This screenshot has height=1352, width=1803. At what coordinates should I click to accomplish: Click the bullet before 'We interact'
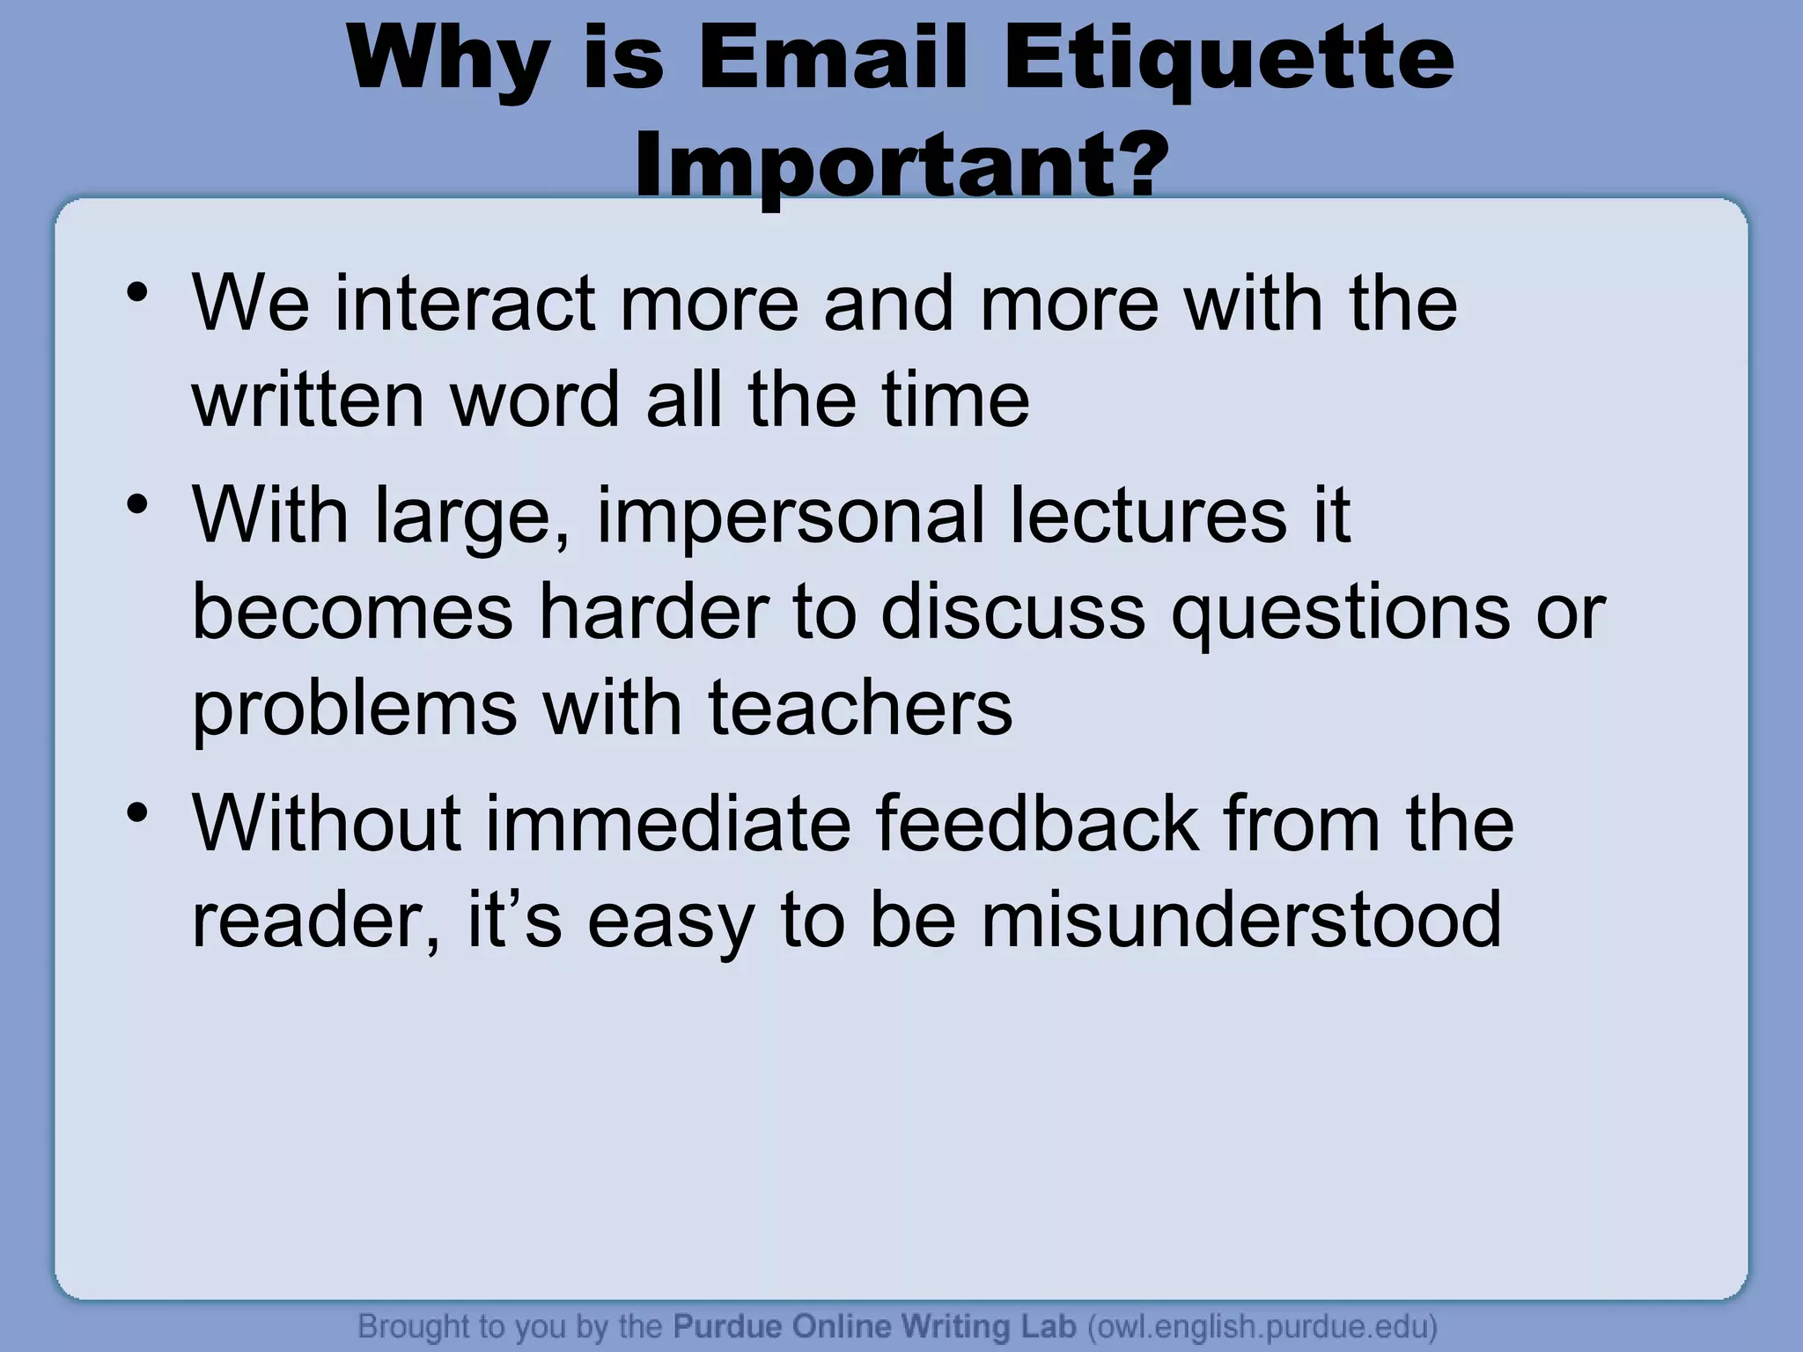136,294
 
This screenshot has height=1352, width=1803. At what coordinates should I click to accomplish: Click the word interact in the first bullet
464,304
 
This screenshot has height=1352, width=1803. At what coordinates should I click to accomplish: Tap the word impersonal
790,517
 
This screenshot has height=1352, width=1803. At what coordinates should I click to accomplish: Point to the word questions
1339,614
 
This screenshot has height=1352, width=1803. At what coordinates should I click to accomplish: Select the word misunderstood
1241,920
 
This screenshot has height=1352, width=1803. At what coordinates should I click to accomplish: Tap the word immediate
668,824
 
